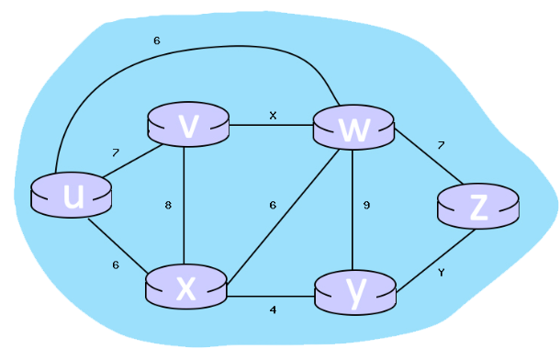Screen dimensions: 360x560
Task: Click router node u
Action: (71, 195)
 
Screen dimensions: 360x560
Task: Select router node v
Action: (187, 128)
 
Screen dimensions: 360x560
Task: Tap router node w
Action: (353, 129)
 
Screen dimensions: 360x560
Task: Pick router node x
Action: (185, 287)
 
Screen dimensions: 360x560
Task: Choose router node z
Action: (477, 208)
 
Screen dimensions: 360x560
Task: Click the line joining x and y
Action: (271, 297)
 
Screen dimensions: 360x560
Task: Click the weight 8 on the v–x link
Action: (168, 206)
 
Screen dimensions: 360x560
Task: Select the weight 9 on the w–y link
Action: (366, 206)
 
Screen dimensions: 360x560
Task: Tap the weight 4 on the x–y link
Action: (273, 310)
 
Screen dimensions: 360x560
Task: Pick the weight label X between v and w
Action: (272, 116)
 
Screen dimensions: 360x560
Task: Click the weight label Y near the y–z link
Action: (442, 273)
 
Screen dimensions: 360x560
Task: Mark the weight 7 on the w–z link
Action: (441, 145)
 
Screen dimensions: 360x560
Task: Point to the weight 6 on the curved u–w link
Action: (157, 40)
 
